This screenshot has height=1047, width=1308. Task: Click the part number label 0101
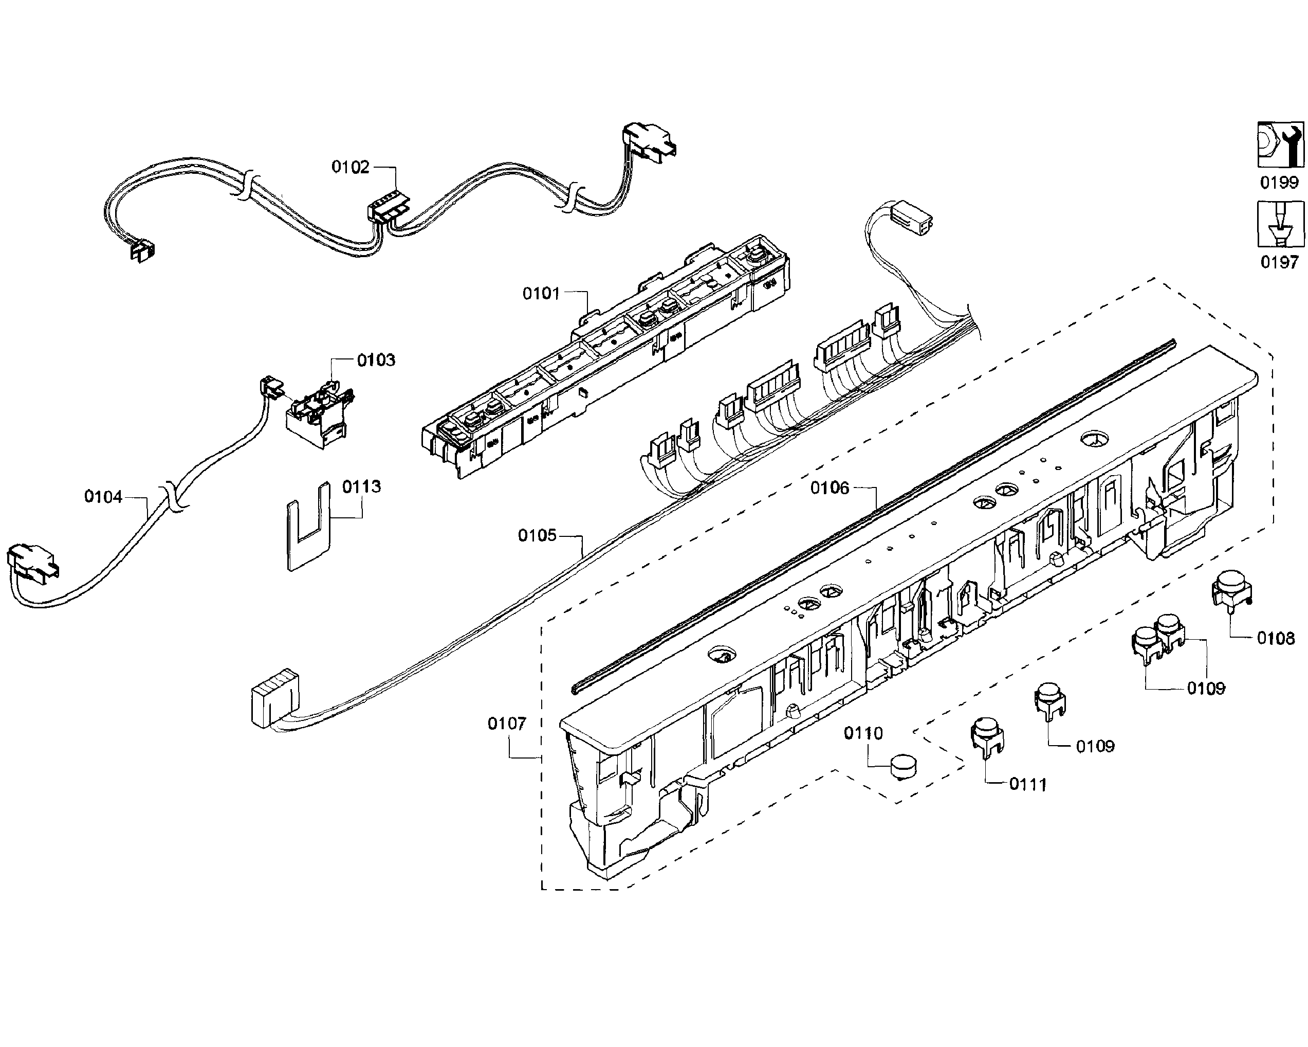541,294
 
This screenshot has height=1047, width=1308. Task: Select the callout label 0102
350,167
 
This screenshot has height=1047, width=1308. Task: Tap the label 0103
376,360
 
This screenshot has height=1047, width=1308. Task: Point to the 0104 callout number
103,497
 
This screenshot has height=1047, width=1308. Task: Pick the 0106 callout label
830,488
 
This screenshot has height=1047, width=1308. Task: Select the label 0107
507,724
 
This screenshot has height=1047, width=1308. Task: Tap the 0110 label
863,733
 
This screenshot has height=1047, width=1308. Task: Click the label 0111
1028,785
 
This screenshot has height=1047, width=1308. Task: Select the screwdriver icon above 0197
1280,224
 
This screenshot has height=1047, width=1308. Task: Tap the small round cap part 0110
904,766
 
